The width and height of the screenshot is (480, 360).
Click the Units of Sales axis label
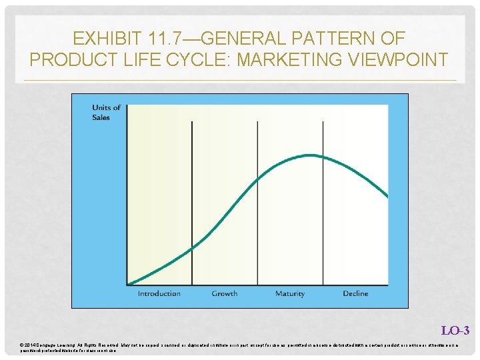coord(106,112)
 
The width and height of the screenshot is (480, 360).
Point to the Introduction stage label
coord(159,294)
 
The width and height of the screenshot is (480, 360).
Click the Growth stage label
coord(224,294)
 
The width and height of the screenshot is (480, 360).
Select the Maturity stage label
coord(289,294)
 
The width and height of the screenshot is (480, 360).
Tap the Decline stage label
coord(355,294)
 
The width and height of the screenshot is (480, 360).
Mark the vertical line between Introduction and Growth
coord(192,200)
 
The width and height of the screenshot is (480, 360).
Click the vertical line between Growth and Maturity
coord(257,200)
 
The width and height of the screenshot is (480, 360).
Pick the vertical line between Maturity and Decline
coord(323,200)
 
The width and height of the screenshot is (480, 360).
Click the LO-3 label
coord(455,331)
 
